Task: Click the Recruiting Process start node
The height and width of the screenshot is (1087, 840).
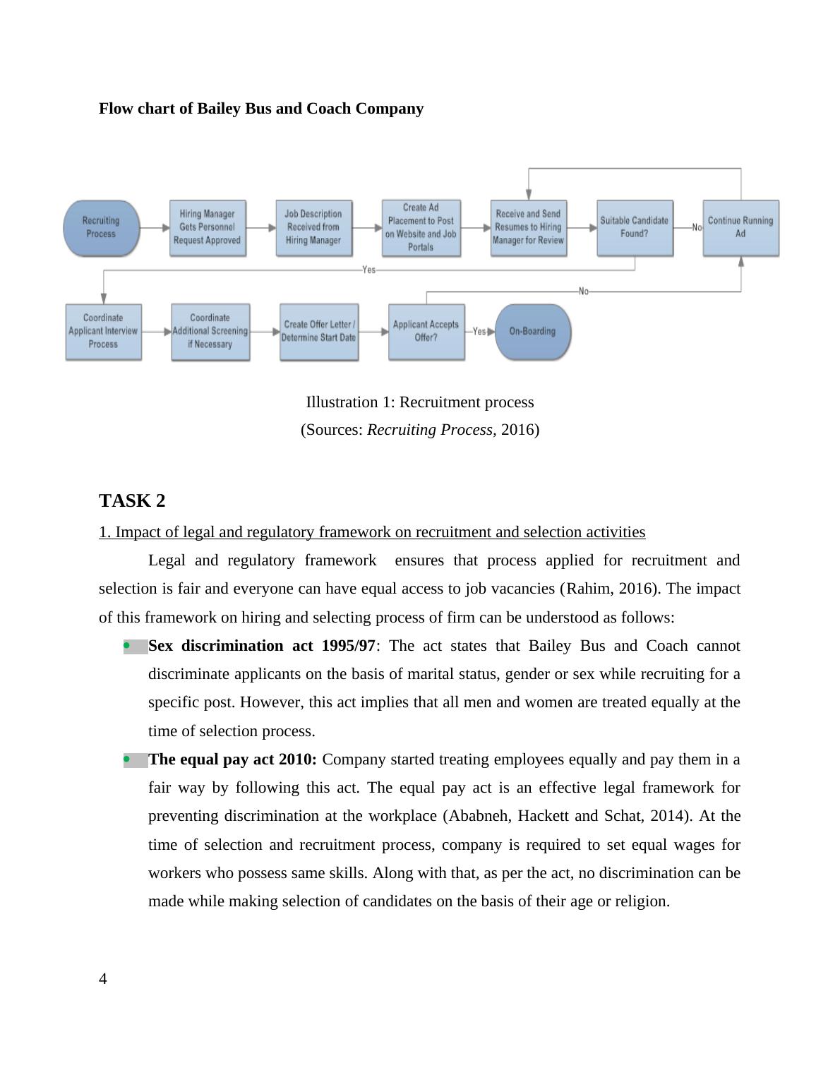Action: (101, 227)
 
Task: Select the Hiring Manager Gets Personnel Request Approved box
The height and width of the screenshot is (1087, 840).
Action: (208, 227)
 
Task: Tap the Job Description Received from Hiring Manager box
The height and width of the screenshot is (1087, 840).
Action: (313, 227)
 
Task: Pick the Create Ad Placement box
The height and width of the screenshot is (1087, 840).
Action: (421, 227)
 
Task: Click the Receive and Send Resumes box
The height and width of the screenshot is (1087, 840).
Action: (528, 227)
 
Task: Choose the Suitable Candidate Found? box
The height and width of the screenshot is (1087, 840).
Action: (634, 227)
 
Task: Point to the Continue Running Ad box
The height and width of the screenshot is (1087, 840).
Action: (740, 227)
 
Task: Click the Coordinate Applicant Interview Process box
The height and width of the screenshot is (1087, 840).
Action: (103, 331)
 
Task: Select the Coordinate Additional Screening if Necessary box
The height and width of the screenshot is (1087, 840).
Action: (210, 331)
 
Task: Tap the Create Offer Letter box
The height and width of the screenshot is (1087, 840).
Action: (318, 331)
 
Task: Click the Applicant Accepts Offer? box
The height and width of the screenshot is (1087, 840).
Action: (426, 331)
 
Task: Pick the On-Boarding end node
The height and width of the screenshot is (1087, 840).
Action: (533, 331)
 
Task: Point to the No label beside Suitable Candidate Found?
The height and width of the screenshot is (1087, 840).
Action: (697, 227)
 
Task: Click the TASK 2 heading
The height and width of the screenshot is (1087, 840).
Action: (132, 500)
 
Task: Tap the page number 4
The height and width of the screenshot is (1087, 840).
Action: (103, 978)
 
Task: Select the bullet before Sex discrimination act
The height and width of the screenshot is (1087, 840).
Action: (127, 646)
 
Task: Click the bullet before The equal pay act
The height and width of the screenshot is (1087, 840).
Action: (127, 759)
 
